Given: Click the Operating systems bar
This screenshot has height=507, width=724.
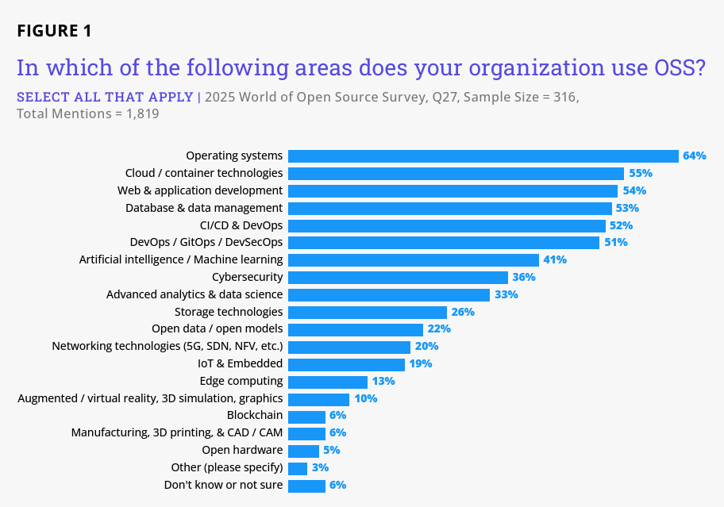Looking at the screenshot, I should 483,156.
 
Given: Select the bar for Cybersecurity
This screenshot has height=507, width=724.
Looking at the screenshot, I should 398,277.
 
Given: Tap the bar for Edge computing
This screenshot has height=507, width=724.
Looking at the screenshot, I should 328,382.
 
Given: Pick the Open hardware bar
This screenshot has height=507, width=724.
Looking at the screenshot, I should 303,451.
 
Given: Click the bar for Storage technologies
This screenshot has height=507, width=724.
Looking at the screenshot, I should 368,312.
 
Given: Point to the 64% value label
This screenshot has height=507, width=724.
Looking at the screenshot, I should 694,156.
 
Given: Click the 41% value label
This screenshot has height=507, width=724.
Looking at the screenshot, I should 555,259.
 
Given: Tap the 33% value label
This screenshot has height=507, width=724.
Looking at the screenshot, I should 506,294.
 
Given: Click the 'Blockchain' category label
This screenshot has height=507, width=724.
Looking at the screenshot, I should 255,416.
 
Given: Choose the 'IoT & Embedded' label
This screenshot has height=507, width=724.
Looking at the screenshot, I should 240,363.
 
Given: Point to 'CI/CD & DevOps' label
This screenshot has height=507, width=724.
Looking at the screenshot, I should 230,225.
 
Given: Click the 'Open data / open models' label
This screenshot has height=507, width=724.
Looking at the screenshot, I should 217,329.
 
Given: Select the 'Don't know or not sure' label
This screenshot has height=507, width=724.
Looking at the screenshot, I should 223,485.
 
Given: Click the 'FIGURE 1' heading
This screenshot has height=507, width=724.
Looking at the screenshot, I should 54,31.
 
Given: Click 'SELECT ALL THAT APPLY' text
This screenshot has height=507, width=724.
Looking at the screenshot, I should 105,98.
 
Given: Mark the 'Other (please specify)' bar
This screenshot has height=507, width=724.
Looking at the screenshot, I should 298,468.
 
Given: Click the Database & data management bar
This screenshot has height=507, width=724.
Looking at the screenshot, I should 450,208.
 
